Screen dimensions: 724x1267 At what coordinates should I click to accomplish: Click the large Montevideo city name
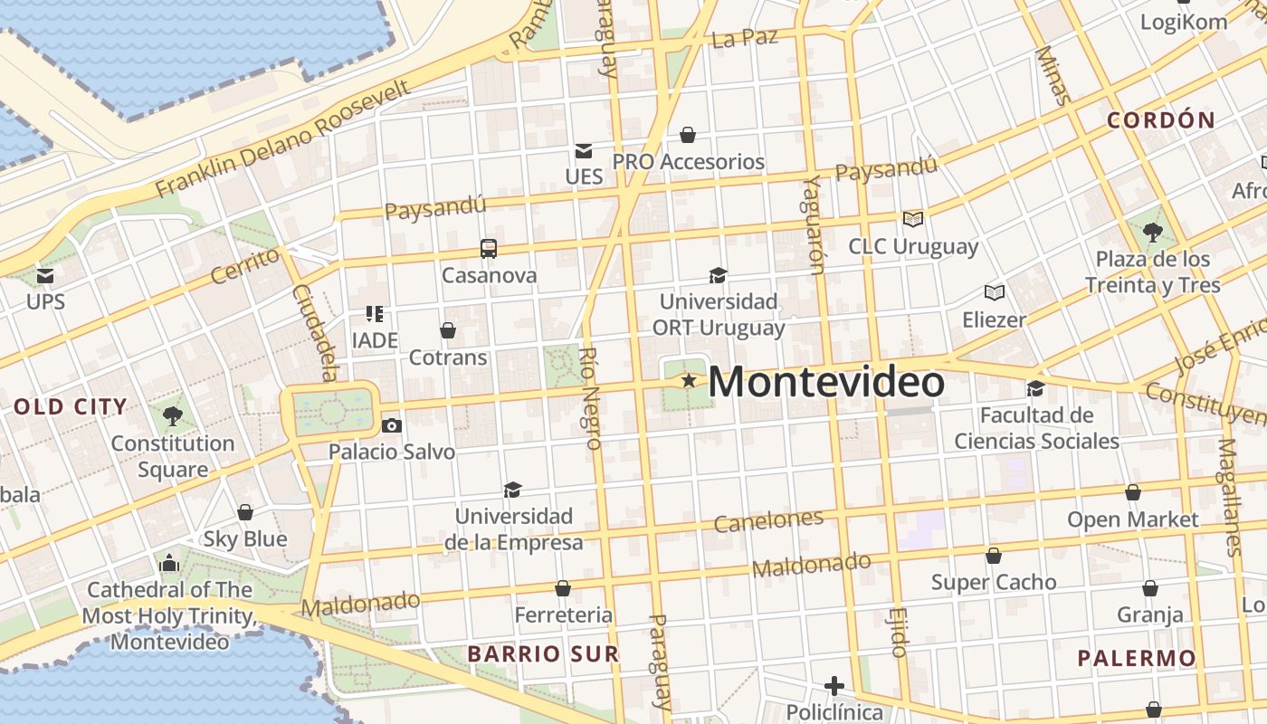point(826,382)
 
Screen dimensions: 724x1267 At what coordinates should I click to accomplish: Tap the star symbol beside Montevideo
point(689,381)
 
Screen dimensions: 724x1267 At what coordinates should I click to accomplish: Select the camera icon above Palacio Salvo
point(391,425)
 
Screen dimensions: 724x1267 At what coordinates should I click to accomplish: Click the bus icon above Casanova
point(489,249)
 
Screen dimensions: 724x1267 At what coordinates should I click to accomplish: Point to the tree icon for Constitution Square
point(172,416)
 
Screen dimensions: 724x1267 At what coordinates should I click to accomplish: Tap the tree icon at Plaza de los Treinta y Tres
point(1152,233)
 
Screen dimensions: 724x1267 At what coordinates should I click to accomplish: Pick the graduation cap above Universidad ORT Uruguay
point(718,275)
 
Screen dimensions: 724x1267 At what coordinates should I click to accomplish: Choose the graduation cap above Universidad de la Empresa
point(513,490)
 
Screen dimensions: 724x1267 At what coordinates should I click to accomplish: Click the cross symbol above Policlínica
point(834,686)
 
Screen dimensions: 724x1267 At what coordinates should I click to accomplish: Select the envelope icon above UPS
point(44,275)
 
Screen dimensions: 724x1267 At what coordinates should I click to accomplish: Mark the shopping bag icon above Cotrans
point(447,330)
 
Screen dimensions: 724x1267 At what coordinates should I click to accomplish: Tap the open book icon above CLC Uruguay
point(913,219)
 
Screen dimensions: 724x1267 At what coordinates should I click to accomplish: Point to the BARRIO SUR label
point(543,653)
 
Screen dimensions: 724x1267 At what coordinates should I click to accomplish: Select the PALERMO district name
point(1137,658)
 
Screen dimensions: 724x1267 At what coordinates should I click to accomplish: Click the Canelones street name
point(768,520)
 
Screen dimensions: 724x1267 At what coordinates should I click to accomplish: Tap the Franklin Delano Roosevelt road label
point(283,138)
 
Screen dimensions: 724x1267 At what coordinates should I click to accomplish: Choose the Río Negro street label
point(590,398)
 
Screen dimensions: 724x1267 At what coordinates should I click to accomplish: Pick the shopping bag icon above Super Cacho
point(994,556)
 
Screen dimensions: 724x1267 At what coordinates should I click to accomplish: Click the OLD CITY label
point(71,407)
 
